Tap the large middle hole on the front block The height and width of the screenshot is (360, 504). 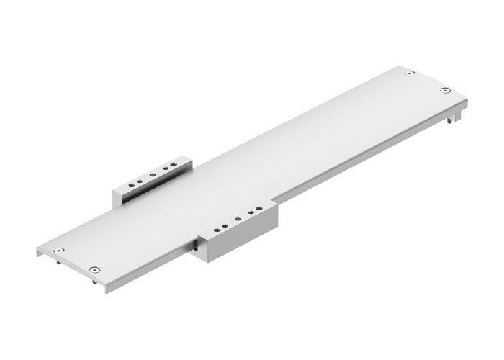pyautogui.click(x=239, y=220)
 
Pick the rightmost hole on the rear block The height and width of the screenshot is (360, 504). pyautogui.click(x=174, y=165)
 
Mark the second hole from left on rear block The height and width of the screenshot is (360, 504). pyautogui.click(x=140, y=179)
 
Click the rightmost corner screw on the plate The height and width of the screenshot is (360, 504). pyautogui.click(x=445, y=91)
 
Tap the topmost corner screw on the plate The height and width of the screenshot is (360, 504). pyautogui.click(x=409, y=73)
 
